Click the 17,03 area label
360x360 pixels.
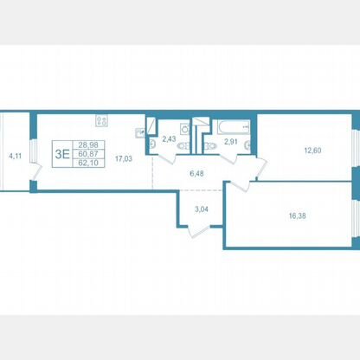pos(124,158)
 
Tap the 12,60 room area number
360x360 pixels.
pos(312,151)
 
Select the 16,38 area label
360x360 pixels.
pos(297,215)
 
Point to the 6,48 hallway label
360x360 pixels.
pos(197,174)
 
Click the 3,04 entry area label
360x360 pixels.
pos(202,209)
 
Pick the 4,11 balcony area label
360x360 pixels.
pos(16,157)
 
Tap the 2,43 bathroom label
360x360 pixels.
pos(169,139)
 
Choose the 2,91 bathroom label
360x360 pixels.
pos(231,142)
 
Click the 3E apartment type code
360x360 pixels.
pos(62,154)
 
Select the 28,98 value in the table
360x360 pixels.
pos(88,145)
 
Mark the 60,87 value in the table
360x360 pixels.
pos(88,154)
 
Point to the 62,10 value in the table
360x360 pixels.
pos(88,163)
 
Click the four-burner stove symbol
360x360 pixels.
pos(101,120)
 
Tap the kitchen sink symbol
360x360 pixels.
pos(140,133)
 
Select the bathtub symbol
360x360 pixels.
pos(234,127)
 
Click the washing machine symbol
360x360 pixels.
pos(185,129)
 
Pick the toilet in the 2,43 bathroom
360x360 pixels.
pos(183,146)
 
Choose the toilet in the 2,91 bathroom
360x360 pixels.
pos(210,146)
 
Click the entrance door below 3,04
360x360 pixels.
pos(199,232)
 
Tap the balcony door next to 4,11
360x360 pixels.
pos(36,172)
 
